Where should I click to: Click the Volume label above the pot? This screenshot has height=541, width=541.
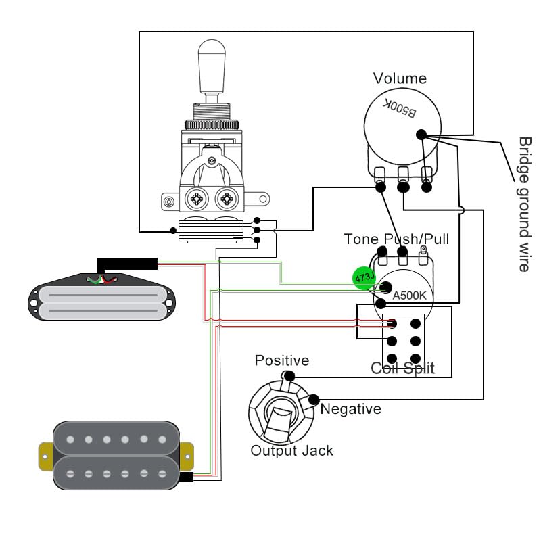pyautogui.click(x=400, y=78)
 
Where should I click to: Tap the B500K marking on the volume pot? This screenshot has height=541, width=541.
pyautogui.click(x=400, y=108)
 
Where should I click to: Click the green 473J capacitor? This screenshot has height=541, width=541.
pyautogui.click(x=364, y=278)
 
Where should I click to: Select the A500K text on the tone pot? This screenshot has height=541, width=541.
pyautogui.click(x=409, y=296)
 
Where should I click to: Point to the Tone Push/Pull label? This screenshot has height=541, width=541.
pyautogui.click(x=396, y=239)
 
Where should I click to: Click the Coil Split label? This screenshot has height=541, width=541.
pyautogui.click(x=402, y=368)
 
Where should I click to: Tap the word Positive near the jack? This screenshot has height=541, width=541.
pyautogui.click(x=282, y=360)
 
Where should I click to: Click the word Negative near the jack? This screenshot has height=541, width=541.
pyautogui.click(x=350, y=409)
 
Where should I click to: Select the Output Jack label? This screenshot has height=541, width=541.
pyautogui.click(x=291, y=450)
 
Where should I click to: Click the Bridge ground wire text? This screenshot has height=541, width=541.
pyautogui.click(x=525, y=204)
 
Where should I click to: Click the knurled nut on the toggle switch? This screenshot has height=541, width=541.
pyautogui.click(x=212, y=124)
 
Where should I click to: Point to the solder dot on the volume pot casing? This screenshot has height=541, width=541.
pyautogui.click(x=421, y=135)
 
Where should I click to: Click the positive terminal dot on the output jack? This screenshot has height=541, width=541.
pyautogui.click(x=289, y=376)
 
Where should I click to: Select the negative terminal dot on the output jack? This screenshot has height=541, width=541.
pyautogui.click(x=314, y=400)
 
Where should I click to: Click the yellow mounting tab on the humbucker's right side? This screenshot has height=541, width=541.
pyautogui.click(x=187, y=456)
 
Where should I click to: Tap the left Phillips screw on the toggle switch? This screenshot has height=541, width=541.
pyautogui.click(x=197, y=199)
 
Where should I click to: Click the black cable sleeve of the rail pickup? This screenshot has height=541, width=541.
pyautogui.click(x=127, y=264)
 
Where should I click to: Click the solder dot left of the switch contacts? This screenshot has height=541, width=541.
pyautogui.click(x=173, y=231)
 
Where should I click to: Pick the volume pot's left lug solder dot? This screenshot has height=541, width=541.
pyautogui.click(x=380, y=187)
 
